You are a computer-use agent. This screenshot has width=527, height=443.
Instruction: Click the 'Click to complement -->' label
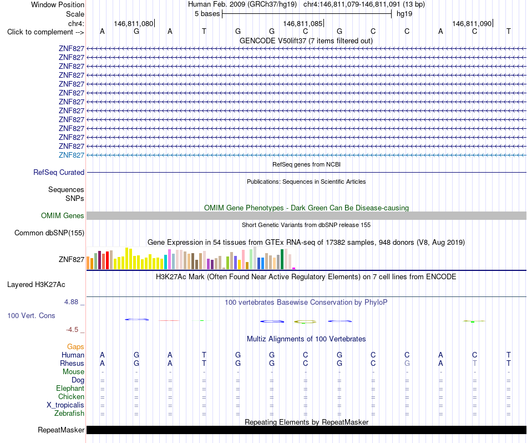45,32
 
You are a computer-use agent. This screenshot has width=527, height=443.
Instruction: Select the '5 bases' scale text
207,14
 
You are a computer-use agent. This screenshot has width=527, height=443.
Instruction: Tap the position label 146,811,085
303,23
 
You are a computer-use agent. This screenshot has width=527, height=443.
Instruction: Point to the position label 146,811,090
472,23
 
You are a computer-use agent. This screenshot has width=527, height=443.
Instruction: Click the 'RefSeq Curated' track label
59,172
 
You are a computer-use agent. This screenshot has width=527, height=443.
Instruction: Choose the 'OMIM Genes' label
63,215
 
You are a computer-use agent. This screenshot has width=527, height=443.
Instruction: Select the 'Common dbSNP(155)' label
49,233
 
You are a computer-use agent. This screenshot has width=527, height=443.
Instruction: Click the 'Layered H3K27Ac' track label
36,285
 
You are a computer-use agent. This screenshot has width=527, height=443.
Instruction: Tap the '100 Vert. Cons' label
31,315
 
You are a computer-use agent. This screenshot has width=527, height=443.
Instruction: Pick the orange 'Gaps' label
75,347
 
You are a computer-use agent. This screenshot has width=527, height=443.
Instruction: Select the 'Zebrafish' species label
69,414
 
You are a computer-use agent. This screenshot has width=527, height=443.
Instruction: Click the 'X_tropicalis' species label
65,405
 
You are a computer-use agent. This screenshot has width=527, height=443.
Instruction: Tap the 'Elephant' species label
70,389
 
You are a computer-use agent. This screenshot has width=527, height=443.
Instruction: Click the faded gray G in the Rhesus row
407,363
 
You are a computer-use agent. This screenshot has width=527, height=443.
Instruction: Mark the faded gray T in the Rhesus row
474,363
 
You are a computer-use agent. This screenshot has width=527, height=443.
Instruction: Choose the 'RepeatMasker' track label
61,430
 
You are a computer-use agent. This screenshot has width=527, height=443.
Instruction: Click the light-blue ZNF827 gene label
72,155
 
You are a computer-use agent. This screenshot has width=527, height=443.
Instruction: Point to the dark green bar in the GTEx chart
282,259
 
